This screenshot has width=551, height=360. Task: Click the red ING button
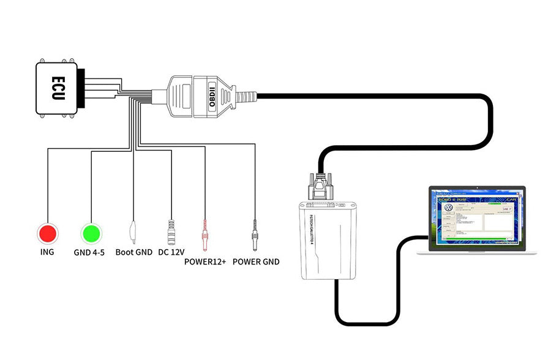pyautogui.click(x=47, y=233)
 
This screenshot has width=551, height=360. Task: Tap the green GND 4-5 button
pyautogui.click(x=91, y=233)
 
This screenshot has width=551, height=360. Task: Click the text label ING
pyautogui.click(x=47, y=252)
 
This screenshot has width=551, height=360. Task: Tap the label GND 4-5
pyautogui.click(x=91, y=252)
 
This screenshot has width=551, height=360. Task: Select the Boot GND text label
pyautogui.click(x=133, y=252)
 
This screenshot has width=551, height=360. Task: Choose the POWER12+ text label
pyautogui.click(x=205, y=262)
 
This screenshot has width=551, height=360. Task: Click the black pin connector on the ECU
pyautogui.click(x=87, y=87)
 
